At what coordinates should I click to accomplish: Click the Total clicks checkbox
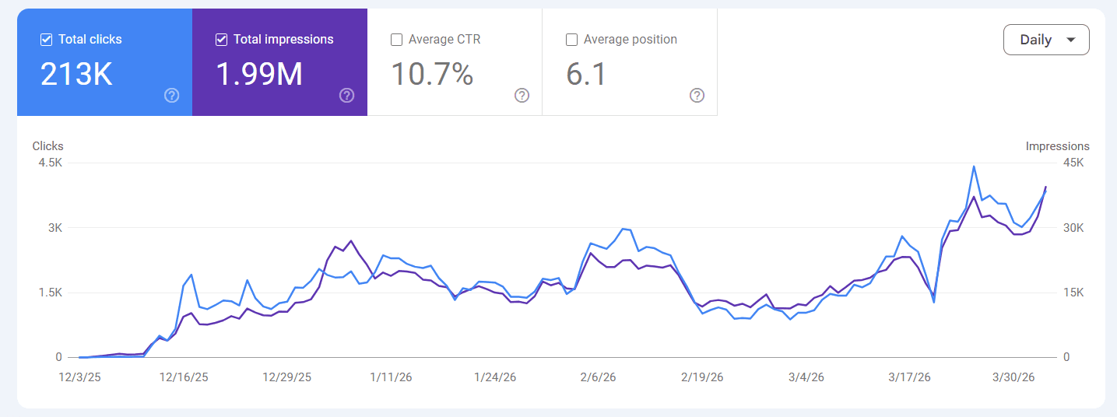(47, 40)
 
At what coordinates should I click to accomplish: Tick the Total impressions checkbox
(222, 40)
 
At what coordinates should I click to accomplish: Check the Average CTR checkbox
(397, 40)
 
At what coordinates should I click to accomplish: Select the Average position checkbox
(572, 40)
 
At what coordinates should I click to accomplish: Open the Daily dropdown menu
(1046, 40)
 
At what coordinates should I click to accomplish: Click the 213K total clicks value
(76, 74)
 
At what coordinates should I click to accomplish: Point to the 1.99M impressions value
(258, 74)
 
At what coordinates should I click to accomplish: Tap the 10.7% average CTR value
(432, 74)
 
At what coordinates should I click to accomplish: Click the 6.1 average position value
(586, 74)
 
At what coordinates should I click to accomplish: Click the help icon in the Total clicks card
(172, 96)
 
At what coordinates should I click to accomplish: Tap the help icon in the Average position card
(697, 96)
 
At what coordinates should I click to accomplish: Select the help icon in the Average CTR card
(522, 96)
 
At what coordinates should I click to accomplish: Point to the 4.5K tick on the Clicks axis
(50, 163)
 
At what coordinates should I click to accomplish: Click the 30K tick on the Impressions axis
(1073, 228)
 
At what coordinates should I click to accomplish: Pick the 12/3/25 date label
(79, 377)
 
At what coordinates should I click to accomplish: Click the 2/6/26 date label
(598, 377)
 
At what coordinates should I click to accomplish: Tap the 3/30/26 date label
(1013, 377)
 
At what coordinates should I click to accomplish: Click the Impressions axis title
(1057, 146)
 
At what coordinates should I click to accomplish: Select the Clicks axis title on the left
(48, 146)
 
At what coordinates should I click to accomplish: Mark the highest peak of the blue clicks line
(974, 166)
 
